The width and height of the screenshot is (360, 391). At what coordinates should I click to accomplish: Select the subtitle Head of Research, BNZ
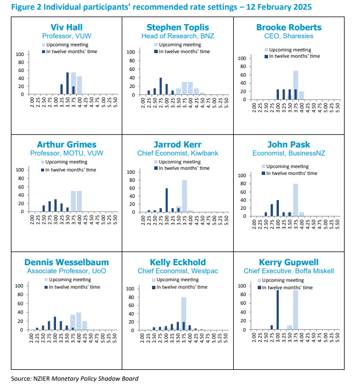click(178, 35)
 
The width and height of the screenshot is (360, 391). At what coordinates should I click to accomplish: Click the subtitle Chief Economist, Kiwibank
click(178, 153)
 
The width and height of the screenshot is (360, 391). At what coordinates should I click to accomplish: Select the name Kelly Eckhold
click(178, 262)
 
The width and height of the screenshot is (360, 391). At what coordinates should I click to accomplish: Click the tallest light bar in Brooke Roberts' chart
click(295, 85)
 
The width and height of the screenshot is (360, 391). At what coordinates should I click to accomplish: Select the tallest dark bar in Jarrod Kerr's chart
click(167, 200)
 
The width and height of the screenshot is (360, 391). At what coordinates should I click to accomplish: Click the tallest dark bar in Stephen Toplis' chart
click(161, 86)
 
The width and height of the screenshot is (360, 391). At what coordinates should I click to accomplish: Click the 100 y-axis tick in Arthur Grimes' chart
click(19, 170)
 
